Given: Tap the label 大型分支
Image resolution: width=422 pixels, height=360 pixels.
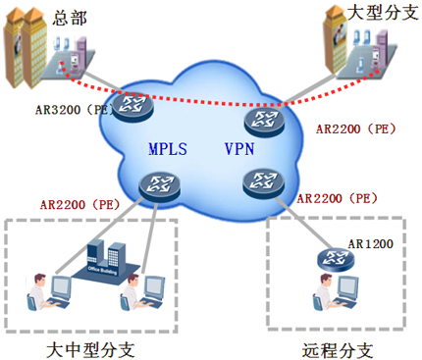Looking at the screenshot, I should coord(382,13).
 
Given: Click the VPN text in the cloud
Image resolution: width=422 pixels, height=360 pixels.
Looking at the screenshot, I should coord(238,149).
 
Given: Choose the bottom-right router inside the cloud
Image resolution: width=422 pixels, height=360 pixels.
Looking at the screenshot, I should coord(260,180).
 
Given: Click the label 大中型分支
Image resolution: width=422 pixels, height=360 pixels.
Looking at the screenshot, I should coord(90,348).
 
